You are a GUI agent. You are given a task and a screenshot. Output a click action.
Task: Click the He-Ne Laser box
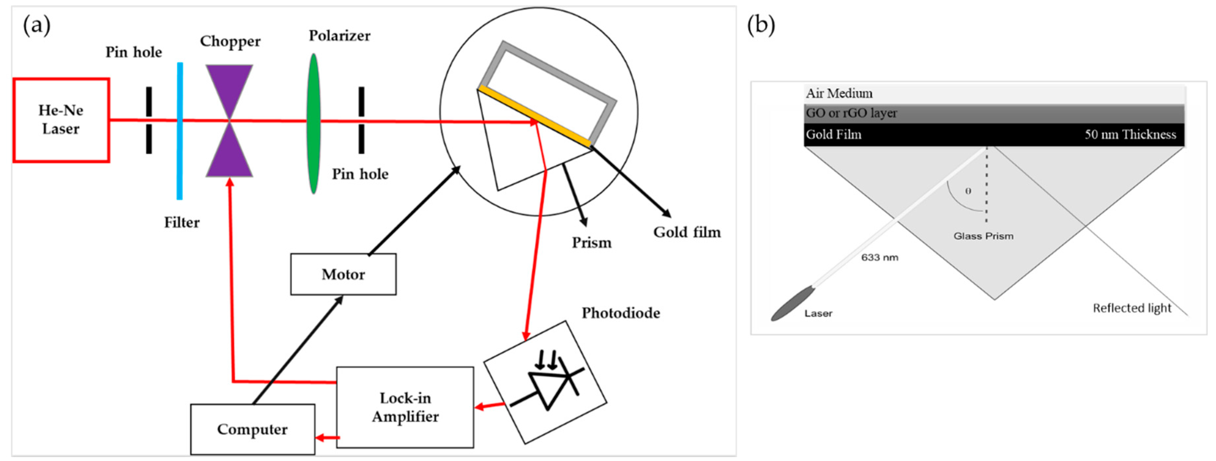(61, 120)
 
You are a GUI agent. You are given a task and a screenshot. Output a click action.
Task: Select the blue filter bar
(180, 131)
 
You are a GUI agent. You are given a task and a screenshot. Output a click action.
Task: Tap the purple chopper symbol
(229, 121)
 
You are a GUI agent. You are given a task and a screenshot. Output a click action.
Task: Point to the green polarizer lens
(313, 123)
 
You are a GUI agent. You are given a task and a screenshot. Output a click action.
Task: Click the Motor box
(343, 274)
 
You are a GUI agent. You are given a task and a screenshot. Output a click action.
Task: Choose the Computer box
(252, 429)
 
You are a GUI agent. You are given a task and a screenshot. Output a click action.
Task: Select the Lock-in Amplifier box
(405, 407)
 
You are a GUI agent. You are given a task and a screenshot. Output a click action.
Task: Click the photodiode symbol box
(545, 383)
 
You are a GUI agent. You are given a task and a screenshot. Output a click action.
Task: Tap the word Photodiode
(621, 313)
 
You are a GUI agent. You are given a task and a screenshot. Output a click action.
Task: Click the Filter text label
(182, 222)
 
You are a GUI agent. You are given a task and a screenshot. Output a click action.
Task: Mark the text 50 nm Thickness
(1130, 135)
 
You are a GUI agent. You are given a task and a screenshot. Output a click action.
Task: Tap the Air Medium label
(839, 93)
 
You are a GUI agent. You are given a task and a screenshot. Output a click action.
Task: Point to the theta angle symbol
(968, 191)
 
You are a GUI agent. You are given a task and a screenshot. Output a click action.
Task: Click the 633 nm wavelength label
(880, 257)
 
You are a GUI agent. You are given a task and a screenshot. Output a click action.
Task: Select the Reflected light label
(1132, 308)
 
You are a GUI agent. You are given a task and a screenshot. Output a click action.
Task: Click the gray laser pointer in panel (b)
(793, 304)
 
